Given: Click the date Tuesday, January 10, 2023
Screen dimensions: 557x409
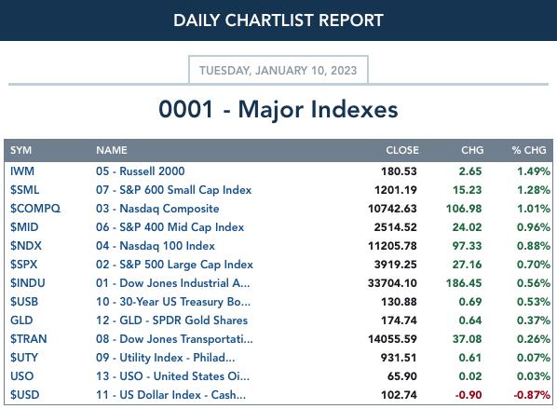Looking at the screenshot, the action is click(278, 71).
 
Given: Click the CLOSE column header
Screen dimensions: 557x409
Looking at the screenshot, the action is click(402, 150).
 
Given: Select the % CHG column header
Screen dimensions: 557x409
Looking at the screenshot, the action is click(529, 150).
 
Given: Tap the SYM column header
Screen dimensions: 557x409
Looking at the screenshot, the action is click(21, 150).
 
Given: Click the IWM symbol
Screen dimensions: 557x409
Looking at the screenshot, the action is click(22, 171).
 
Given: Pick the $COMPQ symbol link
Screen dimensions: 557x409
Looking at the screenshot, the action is click(35, 209).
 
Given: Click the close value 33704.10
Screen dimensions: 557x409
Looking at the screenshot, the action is click(392, 283).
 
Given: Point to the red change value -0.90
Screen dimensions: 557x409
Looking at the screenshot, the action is click(469, 395).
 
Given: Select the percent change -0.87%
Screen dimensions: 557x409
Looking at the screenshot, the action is click(532, 395).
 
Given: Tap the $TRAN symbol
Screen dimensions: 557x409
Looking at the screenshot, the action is click(29, 339).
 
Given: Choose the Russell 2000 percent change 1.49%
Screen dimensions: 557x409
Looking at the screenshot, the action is click(534, 171).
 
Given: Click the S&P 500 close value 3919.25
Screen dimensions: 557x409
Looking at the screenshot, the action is click(395, 265).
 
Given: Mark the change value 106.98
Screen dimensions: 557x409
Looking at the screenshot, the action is click(464, 209).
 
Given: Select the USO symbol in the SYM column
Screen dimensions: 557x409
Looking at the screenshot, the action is click(22, 376).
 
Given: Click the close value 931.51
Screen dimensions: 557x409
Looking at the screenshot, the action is click(399, 358).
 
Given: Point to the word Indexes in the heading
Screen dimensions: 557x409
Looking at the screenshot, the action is click(355, 109).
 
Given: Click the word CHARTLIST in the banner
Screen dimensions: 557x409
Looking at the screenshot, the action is click(270, 20).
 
